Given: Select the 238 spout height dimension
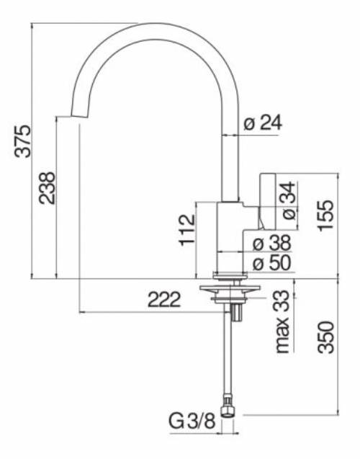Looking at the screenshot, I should [47, 187].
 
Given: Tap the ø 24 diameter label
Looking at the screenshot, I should [262, 123].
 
